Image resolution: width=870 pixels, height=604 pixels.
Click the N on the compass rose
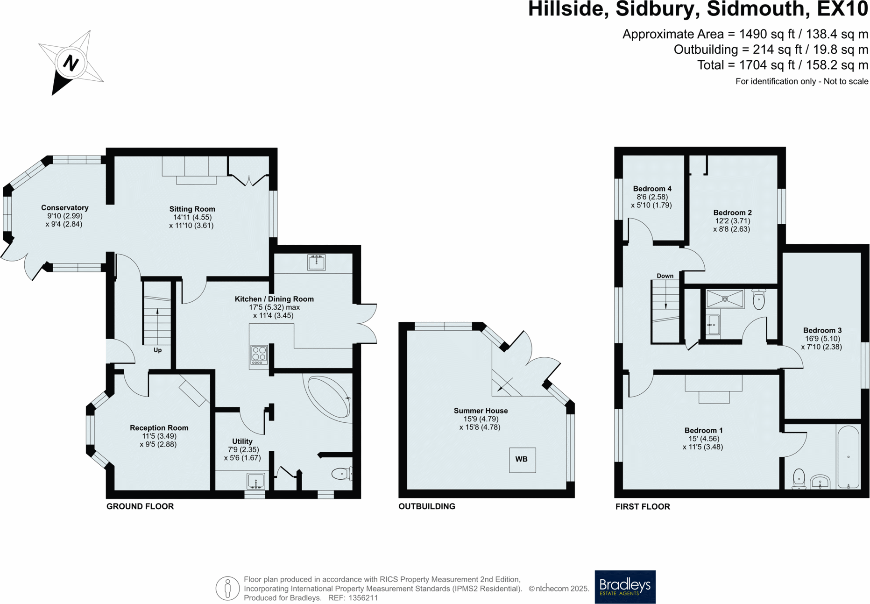[x=71, y=63]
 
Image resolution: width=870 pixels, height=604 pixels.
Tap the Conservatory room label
[x=64, y=208]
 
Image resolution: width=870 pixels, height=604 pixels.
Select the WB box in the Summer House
[x=522, y=460]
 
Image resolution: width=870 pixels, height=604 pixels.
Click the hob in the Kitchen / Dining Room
[x=259, y=355]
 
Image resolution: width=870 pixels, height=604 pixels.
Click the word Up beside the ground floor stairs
[x=157, y=350]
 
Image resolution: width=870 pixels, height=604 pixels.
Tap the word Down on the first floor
[x=665, y=276]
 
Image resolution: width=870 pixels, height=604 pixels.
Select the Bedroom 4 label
[x=652, y=189]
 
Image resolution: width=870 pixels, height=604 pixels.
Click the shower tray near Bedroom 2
[x=725, y=299]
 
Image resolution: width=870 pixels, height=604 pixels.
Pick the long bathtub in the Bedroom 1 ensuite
[x=848, y=457]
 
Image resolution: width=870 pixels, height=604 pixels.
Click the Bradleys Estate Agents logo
[x=625, y=587]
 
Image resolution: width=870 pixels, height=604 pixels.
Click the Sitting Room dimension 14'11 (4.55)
[x=192, y=217]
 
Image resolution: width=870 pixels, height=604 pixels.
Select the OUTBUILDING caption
[x=426, y=506]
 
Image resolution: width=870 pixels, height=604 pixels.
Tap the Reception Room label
[x=159, y=428]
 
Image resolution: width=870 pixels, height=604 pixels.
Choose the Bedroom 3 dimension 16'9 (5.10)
[x=822, y=339]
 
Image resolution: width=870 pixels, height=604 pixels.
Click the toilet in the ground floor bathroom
[x=341, y=474]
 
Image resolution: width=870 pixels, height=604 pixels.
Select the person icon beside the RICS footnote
[x=227, y=588]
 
